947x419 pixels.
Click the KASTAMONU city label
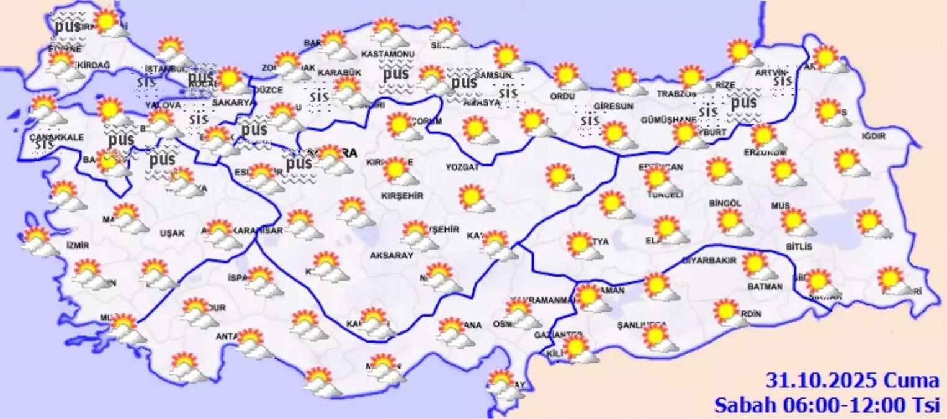(x=387, y=55)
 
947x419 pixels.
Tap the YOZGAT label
(x=463, y=167)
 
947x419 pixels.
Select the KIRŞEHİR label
(x=402, y=196)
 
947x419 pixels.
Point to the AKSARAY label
(x=391, y=255)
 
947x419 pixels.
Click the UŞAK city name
(x=172, y=233)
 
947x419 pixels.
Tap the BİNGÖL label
(x=725, y=203)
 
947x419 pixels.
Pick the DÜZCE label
(x=269, y=91)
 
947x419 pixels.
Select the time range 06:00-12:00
(x=843, y=405)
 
